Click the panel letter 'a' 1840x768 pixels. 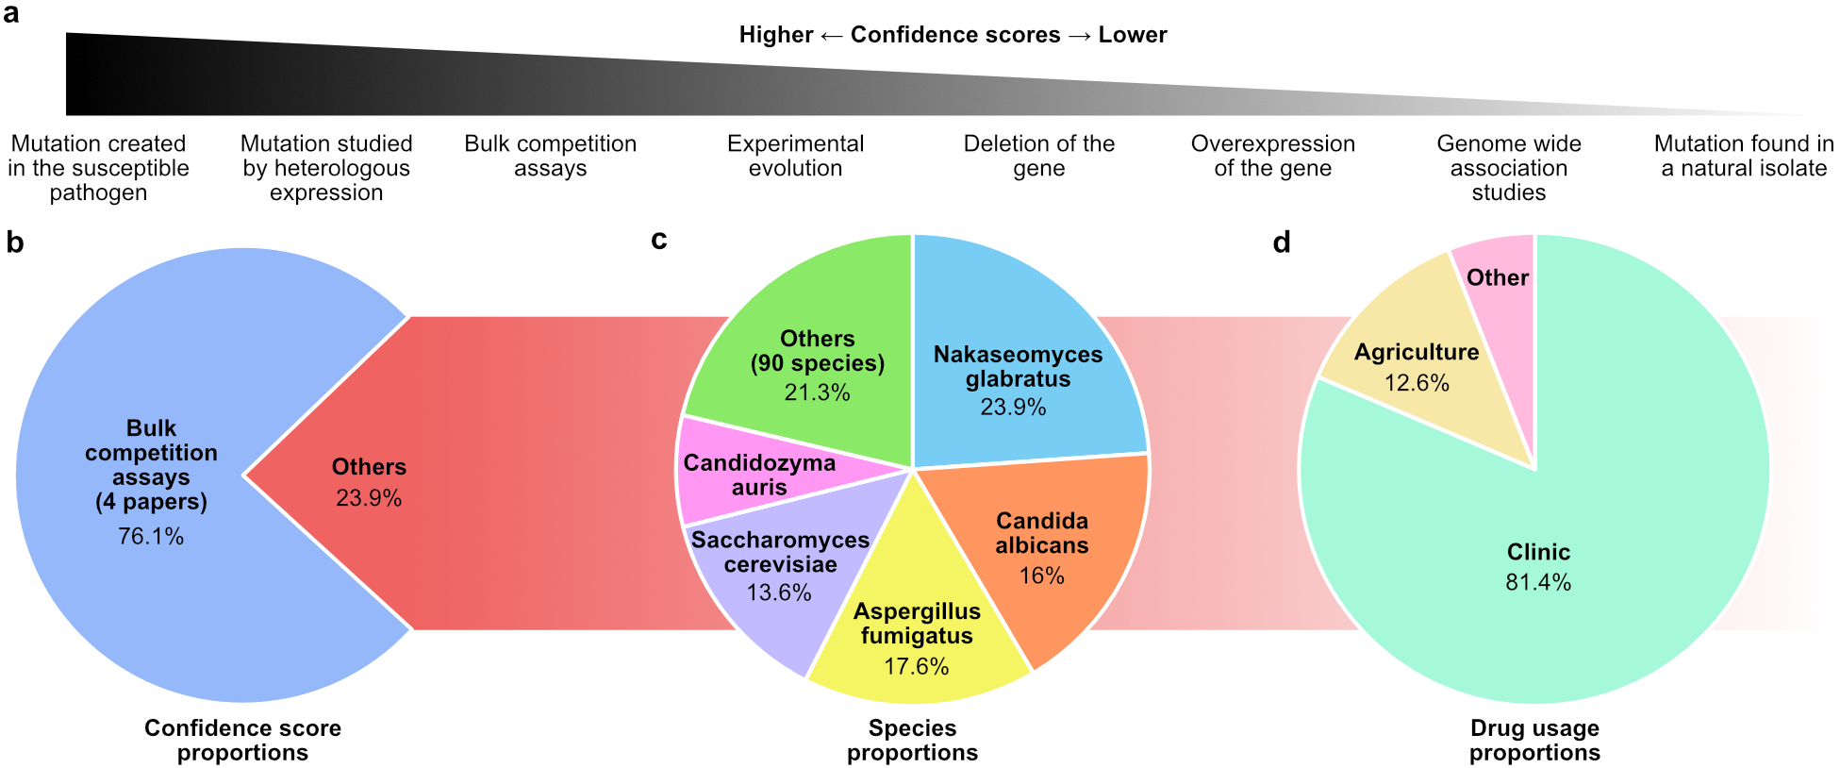tap(11, 15)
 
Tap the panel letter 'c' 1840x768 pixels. tap(659, 241)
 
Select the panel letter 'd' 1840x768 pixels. tap(1281, 242)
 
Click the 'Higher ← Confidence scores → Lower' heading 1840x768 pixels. tap(953, 35)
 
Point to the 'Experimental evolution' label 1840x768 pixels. tap(795, 156)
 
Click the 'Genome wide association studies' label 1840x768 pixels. tap(1508, 168)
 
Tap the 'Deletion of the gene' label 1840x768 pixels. tap(1038, 156)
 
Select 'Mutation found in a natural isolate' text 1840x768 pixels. tap(1743, 156)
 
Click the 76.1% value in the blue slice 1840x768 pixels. tap(151, 537)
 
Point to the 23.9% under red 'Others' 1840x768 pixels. tap(369, 498)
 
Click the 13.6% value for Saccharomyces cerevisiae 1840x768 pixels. tap(779, 593)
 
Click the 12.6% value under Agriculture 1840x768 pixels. tap(1417, 383)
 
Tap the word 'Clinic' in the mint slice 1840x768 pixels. tap(1538, 552)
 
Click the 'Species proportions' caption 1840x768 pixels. tap(912, 741)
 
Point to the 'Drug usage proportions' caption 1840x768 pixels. tap(1534, 741)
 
